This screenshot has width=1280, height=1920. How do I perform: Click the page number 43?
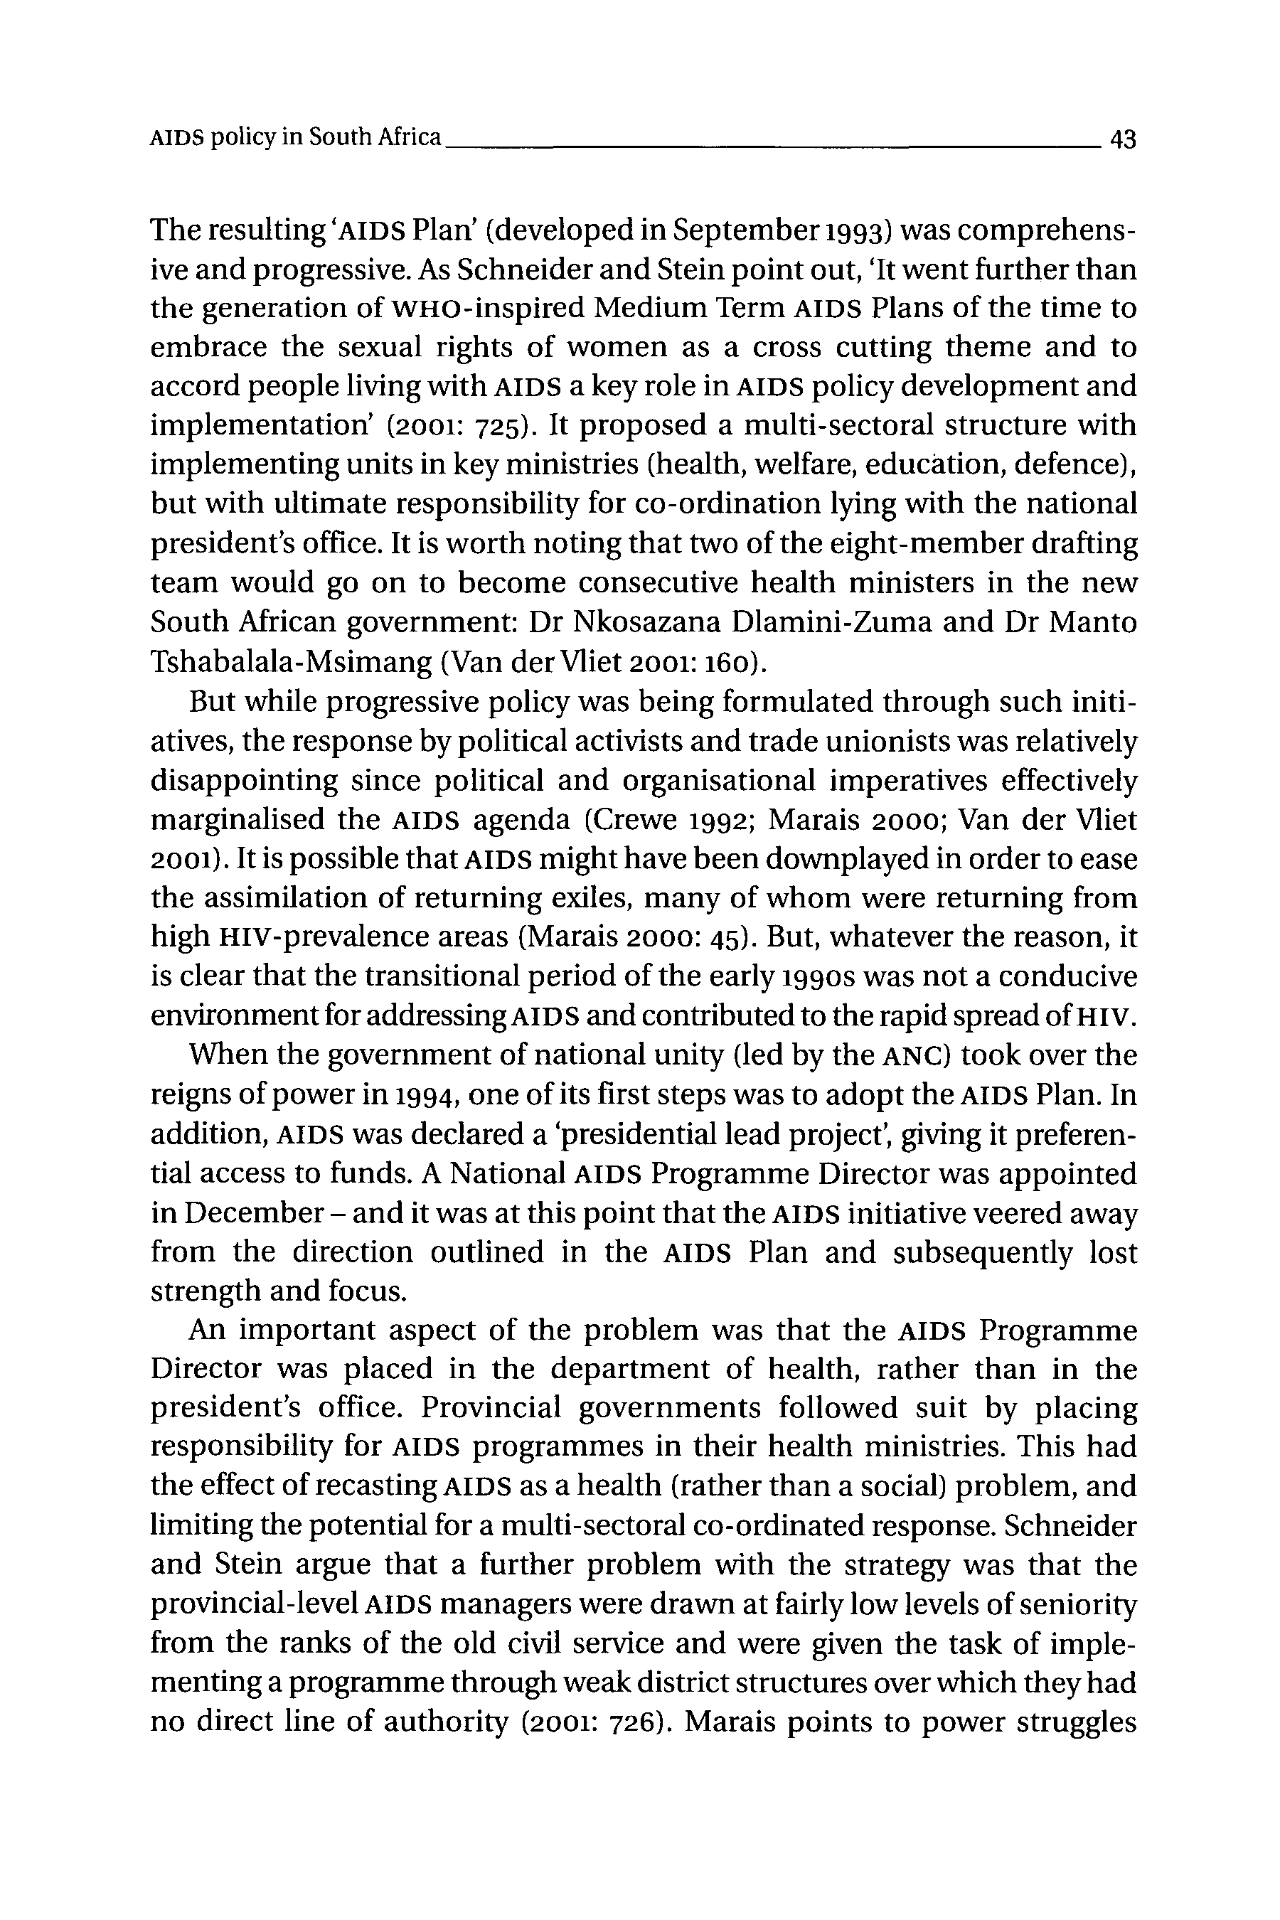1122,139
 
